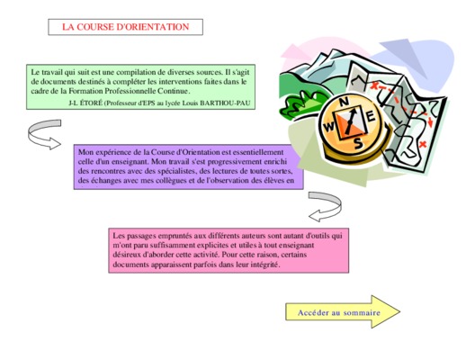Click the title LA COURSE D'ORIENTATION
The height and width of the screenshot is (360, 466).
[125, 27]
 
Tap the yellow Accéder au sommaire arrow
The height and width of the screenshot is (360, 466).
[343, 311]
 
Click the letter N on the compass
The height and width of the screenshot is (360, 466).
[344, 102]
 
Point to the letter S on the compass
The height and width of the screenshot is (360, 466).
[358, 143]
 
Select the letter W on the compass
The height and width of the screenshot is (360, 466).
[329, 127]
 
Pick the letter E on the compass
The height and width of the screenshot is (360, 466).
[371, 116]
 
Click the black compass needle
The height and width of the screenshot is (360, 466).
[350, 121]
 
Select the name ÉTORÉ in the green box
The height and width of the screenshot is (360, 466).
[92, 103]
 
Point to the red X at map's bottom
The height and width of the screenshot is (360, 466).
[423, 144]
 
